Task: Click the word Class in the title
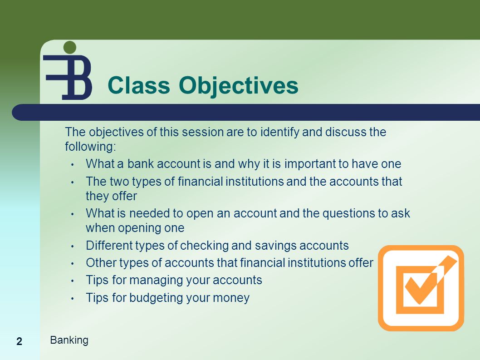click(x=139, y=85)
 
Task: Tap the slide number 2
click(x=20, y=341)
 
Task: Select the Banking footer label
click(x=69, y=340)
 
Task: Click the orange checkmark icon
click(x=421, y=288)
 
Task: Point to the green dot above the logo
click(x=70, y=47)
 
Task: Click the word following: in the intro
click(x=91, y=147)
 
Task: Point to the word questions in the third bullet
click(x=347, y=214)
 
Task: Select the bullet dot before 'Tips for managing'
click(x=73, y=281)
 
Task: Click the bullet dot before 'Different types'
click(x=73, y=247)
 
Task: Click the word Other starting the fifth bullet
click(x=101, y=263)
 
